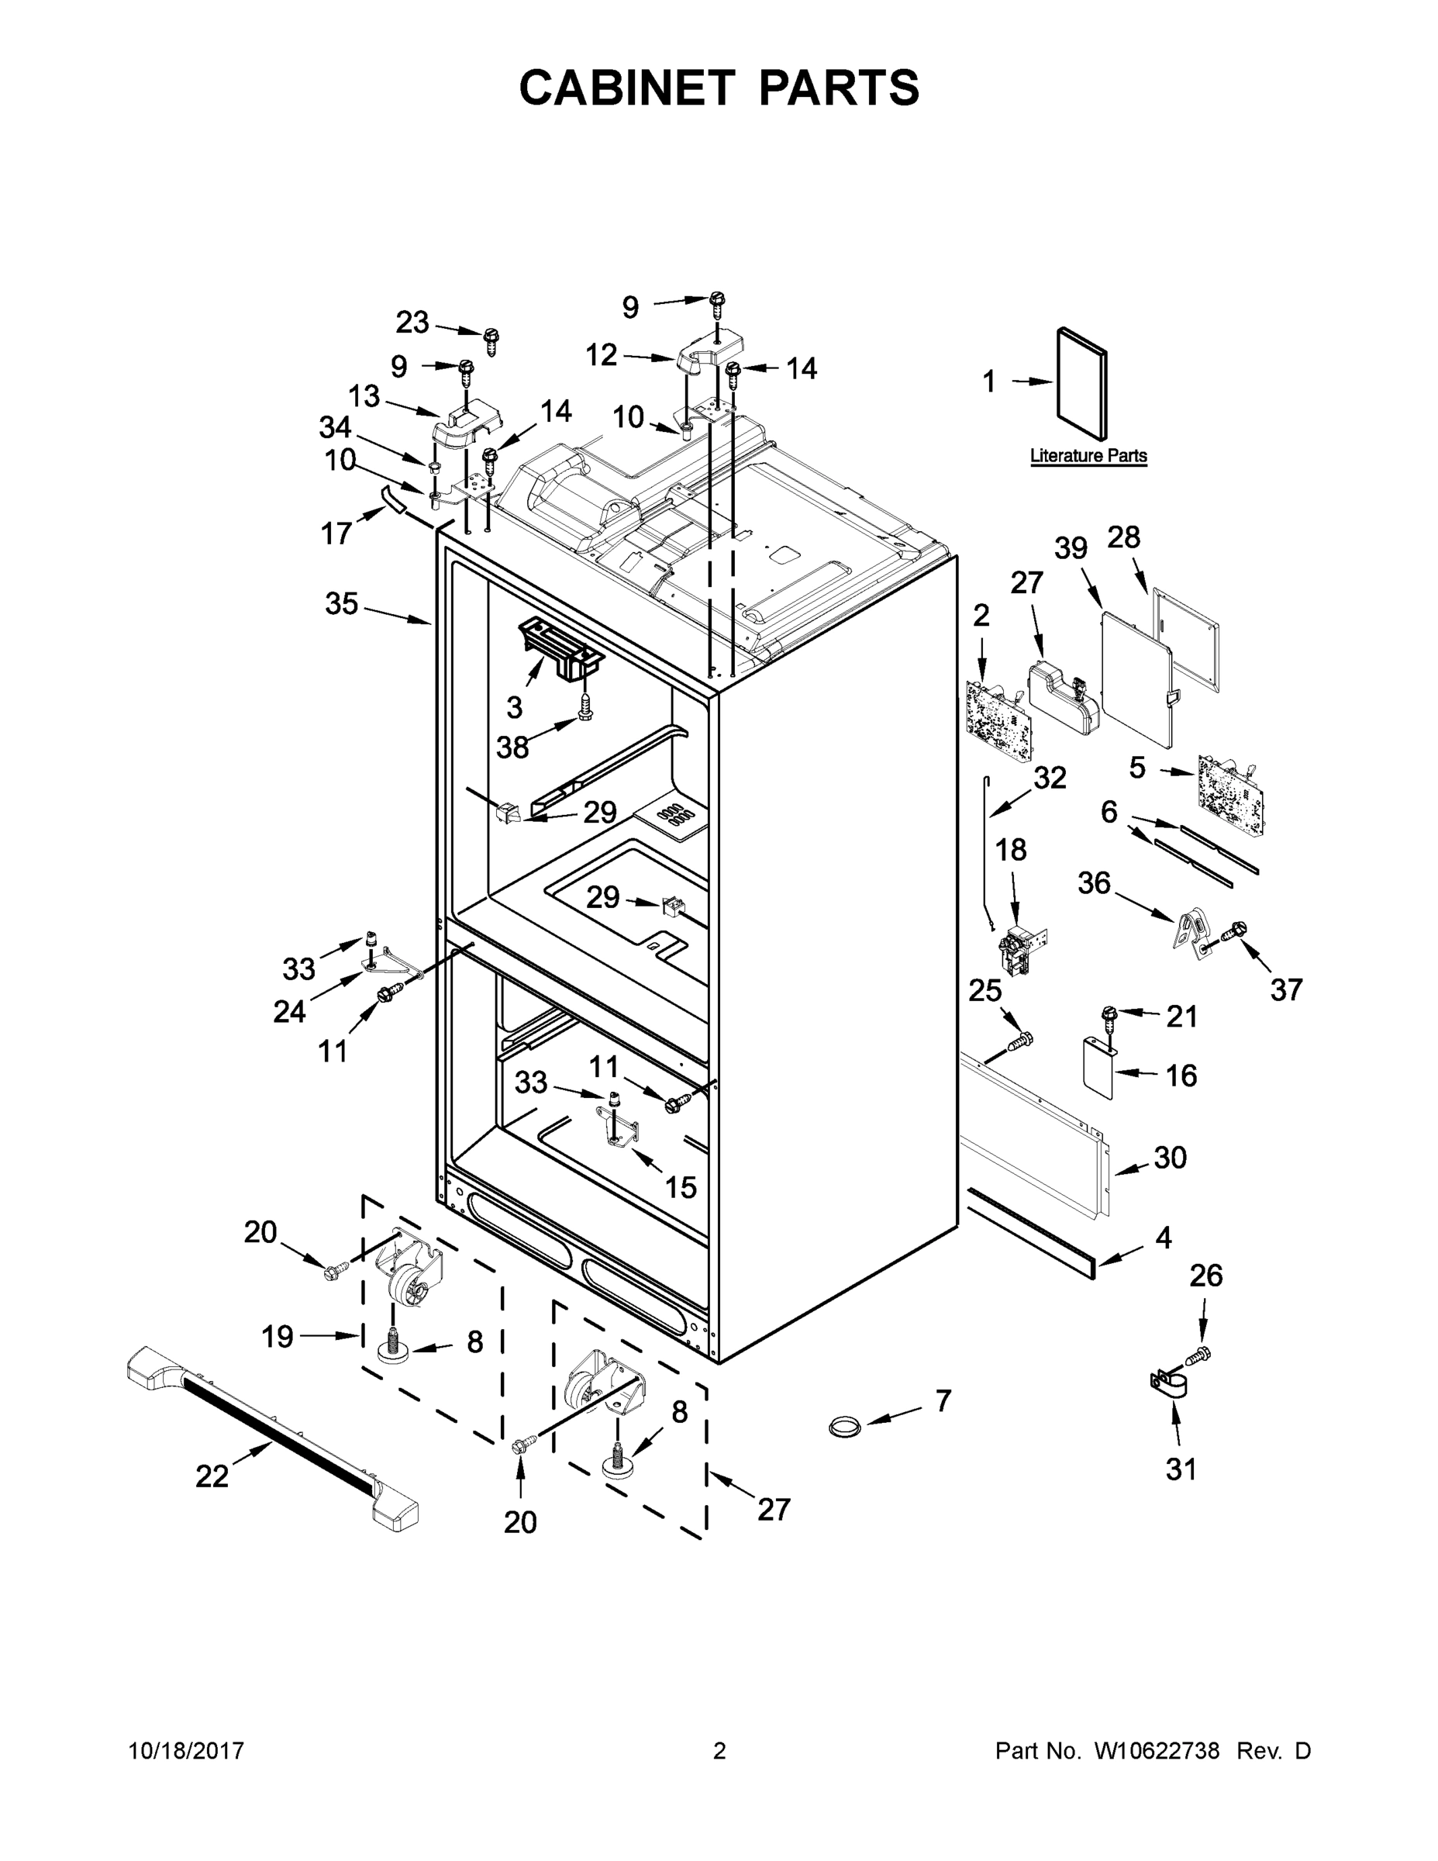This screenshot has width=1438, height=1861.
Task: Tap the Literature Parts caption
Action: click(x=1088, y=456)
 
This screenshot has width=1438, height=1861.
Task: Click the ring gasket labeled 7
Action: click(x=844, y=1424)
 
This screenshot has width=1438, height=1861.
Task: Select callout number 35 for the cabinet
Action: click(x=342, y=604)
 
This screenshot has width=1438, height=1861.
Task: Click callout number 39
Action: click(x=1071, y=549)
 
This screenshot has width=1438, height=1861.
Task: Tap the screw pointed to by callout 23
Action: click(x=491, y=342)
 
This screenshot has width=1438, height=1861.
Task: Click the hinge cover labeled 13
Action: click(x=467, y=423)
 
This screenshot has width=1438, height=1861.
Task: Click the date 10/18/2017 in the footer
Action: click(x=187, y=1751)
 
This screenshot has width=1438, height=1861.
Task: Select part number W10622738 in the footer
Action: click(x=1156, y=1751)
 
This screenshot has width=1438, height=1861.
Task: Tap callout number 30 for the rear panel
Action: click(x=1170, y=1157)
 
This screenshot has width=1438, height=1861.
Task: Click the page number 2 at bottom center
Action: click(x=719, y=1751)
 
